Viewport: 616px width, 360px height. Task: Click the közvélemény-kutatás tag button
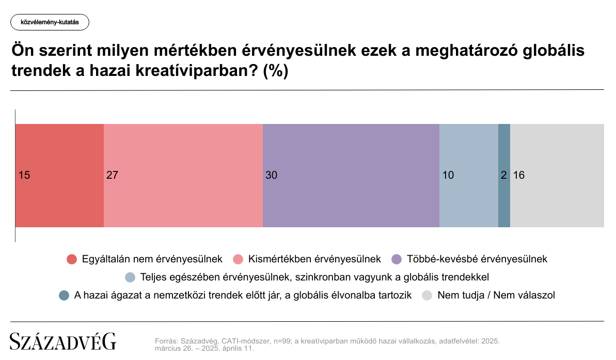point(50,22)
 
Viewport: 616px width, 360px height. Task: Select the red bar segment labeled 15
point(60,176)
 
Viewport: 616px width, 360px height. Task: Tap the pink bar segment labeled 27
point(183,176)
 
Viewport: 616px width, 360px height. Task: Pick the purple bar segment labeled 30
point(351,176)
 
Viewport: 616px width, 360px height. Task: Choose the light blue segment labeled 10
point(469,176)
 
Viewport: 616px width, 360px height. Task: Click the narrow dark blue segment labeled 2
point(504,176)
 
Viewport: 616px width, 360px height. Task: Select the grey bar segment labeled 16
point(557,176)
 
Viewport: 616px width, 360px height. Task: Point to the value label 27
point(113,175)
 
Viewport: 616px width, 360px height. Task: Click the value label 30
point(272,175)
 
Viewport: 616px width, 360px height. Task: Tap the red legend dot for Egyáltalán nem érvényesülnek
point(72,259)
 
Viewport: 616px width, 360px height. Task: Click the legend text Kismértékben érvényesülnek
point(314,259)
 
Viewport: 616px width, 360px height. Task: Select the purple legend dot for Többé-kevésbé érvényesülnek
point(397,259)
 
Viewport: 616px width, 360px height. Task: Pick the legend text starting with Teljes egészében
point(314,277)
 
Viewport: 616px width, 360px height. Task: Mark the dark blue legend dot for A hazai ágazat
point(64,295)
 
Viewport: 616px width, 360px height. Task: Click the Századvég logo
point(63,341)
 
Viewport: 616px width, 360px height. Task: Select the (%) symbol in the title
point(276,71)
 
